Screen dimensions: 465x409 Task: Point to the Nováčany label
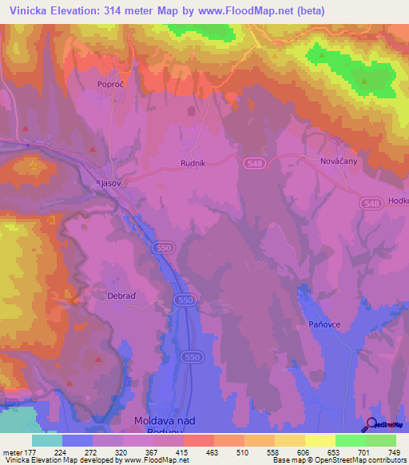[x=338, y=162]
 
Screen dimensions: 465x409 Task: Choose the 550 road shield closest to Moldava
[x=191, y=356]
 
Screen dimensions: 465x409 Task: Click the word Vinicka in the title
[x=26, y=10]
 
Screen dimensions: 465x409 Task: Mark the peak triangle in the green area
[x=364, y=81]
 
